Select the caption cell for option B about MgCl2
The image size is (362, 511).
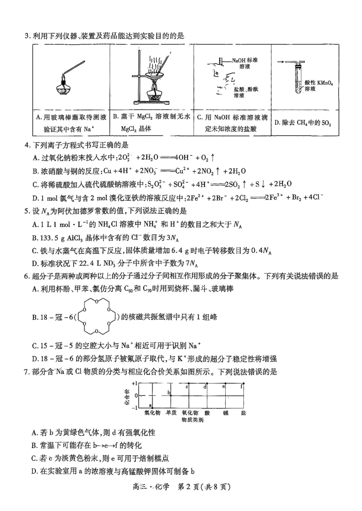click(152, 122)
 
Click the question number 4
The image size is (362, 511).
click(26, 145)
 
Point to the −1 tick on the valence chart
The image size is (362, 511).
click(134, 407)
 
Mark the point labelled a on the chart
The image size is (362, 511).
click(150, 405)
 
